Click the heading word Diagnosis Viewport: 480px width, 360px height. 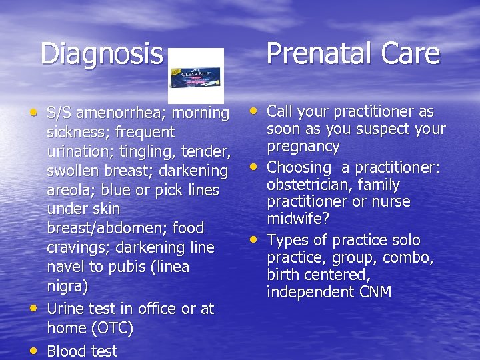[101, 54]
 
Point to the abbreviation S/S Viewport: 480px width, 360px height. [58, 114]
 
